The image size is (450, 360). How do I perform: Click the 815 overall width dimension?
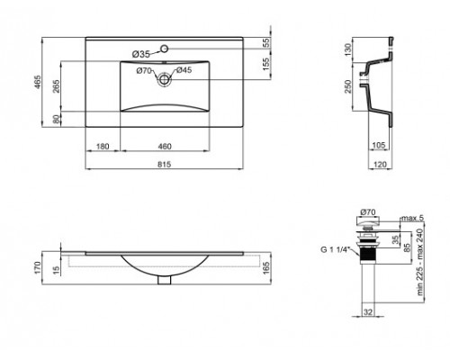point(166,165)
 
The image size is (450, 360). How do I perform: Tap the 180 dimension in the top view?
point(103,145)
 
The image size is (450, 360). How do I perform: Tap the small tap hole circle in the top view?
point(166,47)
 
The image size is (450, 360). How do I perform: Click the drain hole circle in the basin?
point(166,80)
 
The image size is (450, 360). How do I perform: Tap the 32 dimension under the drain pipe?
point(369,311)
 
